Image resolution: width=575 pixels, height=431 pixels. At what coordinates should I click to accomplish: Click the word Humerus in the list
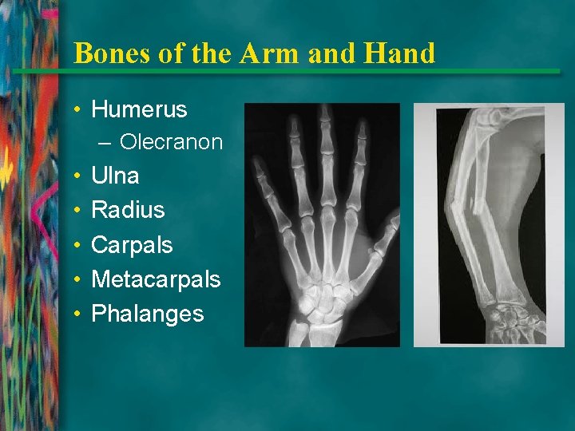click(139, 109)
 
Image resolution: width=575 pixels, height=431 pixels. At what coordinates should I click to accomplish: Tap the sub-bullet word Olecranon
click(171, 142)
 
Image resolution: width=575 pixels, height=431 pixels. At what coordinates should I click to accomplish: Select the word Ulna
click(115, 176)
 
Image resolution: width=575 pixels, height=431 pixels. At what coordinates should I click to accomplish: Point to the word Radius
click(128, 210)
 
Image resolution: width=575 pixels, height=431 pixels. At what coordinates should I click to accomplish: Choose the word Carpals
click(132, 244)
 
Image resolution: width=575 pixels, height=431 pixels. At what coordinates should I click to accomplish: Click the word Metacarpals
click(156, 279)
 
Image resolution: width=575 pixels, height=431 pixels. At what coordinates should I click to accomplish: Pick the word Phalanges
click(148, 314)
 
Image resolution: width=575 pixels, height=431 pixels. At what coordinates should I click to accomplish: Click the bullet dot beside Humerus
click(81, 109)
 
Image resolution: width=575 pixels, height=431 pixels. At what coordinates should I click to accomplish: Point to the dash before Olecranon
click(107, 143)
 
